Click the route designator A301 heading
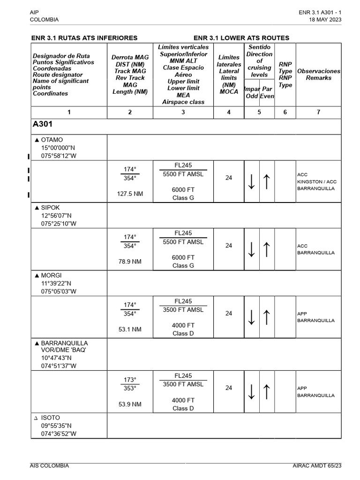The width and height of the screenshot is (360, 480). point(43,124)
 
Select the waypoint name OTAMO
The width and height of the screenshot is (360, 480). point(52,140)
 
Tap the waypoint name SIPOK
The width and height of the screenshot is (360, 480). point(51,207)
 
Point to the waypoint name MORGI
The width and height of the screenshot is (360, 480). point(51,275)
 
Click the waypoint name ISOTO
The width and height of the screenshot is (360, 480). point(51,417)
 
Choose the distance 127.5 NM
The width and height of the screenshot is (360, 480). point(130,194)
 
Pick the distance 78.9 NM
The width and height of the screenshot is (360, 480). point(130,262)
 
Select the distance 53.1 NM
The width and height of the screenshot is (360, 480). point(130,330)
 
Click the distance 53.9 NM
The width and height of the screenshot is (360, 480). point(130,404)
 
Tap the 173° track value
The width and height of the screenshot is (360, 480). point(130,380)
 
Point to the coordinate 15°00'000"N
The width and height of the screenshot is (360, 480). point(58,148)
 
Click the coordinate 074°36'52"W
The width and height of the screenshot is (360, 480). point(59,434)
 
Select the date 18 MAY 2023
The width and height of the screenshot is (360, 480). point(325,20)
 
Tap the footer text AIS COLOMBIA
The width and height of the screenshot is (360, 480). point(49,465)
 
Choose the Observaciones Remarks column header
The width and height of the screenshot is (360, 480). point(318,75)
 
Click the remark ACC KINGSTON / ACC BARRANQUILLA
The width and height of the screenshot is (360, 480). point(316,181)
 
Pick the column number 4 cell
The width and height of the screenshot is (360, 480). point(229,112)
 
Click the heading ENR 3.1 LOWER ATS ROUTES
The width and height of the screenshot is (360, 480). point(241,37)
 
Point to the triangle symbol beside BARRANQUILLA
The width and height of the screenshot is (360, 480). point(37,343)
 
